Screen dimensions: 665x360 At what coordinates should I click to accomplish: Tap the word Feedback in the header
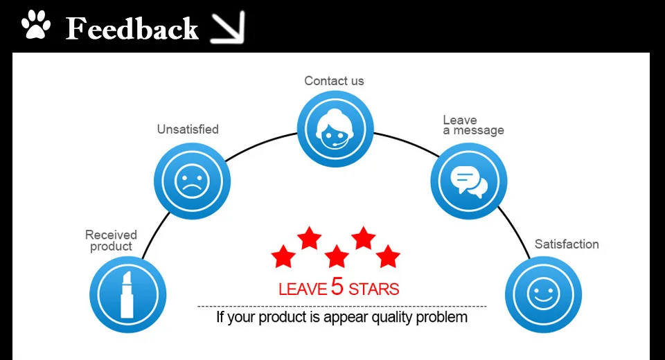pyautogui.click(x=132, y=28)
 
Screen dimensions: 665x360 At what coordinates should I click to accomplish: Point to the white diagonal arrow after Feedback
pyautogui.click(x=228, y=28)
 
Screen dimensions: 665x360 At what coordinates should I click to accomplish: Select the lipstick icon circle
pyautogui.click(x=128, y=295)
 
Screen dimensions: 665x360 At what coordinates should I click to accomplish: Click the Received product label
pyautogui.click(x=111, y=240)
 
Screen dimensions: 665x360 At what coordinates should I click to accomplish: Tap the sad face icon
pyautogui.click(x=191, y=181)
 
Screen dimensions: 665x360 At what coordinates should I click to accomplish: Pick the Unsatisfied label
pyautogui.click(x=187, y=129)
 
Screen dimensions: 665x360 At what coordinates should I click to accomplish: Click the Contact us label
pyautogui.click(x=334, y=81)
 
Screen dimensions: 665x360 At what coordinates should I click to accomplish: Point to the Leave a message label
pyautogui.click(x=473, y=125)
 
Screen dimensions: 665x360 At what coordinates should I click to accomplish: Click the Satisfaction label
pyautogui.click(x=567, y=244)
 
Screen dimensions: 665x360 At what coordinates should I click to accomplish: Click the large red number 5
pyautogui.click(x=337, y=286)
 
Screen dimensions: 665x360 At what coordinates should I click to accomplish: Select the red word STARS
pyautogui.click(x=374, y=289)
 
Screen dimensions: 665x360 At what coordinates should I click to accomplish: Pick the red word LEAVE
pyautogui.click(x=303, y=289)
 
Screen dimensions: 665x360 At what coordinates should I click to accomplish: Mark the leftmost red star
pyautogui.click(x=283, y=257)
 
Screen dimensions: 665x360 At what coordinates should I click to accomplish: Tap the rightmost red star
pyautogui.click(x=389, y=257)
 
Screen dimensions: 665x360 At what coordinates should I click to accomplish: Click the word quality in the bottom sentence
pyautogui.click(x=395, y=318)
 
